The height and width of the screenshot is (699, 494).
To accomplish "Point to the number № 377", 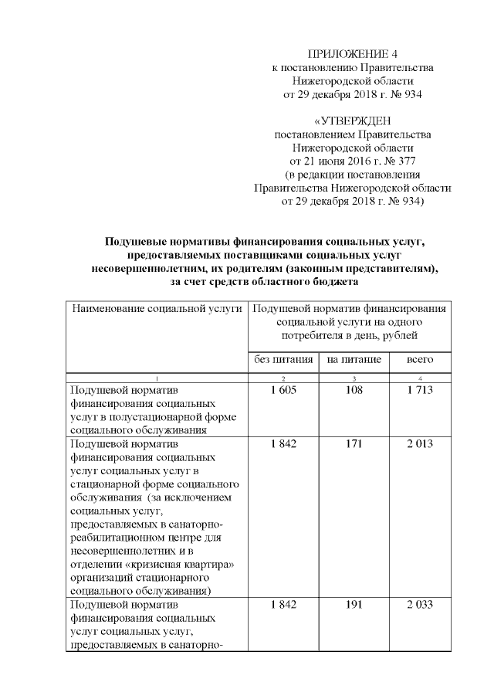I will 401,161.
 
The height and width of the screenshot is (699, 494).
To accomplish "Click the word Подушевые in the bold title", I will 135,242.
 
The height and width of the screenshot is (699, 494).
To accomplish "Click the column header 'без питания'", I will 283,359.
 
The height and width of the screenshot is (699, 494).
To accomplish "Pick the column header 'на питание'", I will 352,359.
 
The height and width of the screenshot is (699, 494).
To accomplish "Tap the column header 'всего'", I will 420,359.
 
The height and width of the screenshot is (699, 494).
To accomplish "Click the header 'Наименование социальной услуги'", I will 157,309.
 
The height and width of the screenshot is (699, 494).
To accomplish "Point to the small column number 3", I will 353,378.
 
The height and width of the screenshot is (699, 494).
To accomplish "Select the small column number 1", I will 157,378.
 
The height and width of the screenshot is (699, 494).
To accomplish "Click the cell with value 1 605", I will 283,391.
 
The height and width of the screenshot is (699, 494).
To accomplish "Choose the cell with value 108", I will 353,391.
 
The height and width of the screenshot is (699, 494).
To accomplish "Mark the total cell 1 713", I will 420,391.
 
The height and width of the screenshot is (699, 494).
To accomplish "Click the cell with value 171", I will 353,444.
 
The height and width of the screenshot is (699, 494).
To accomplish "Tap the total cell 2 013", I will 420,444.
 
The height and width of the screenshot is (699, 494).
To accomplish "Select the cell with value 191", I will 353,604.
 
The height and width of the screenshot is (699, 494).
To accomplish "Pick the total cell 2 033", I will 420,604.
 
